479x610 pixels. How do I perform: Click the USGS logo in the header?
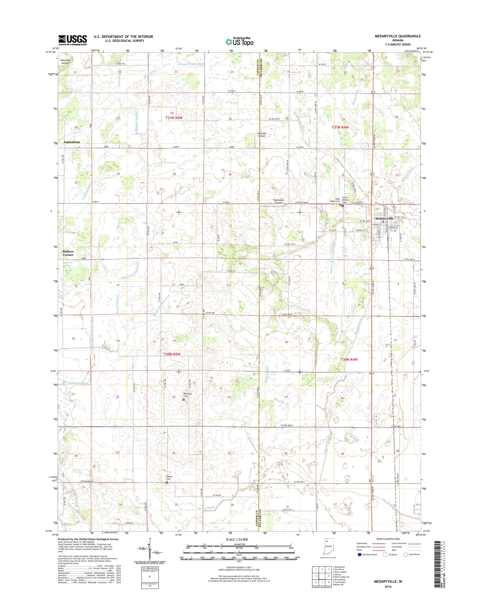coord(72,40)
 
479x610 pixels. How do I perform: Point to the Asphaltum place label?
coord(72,142)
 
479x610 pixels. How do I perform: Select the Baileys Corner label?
coord(68,253)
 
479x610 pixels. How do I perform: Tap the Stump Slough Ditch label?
coord(191,64)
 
